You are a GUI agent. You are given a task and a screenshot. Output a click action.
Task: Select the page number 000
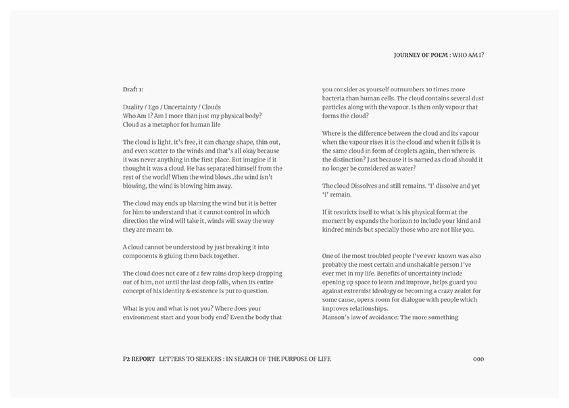click(478, 359)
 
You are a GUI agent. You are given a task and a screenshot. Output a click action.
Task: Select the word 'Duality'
click(134, 107)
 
